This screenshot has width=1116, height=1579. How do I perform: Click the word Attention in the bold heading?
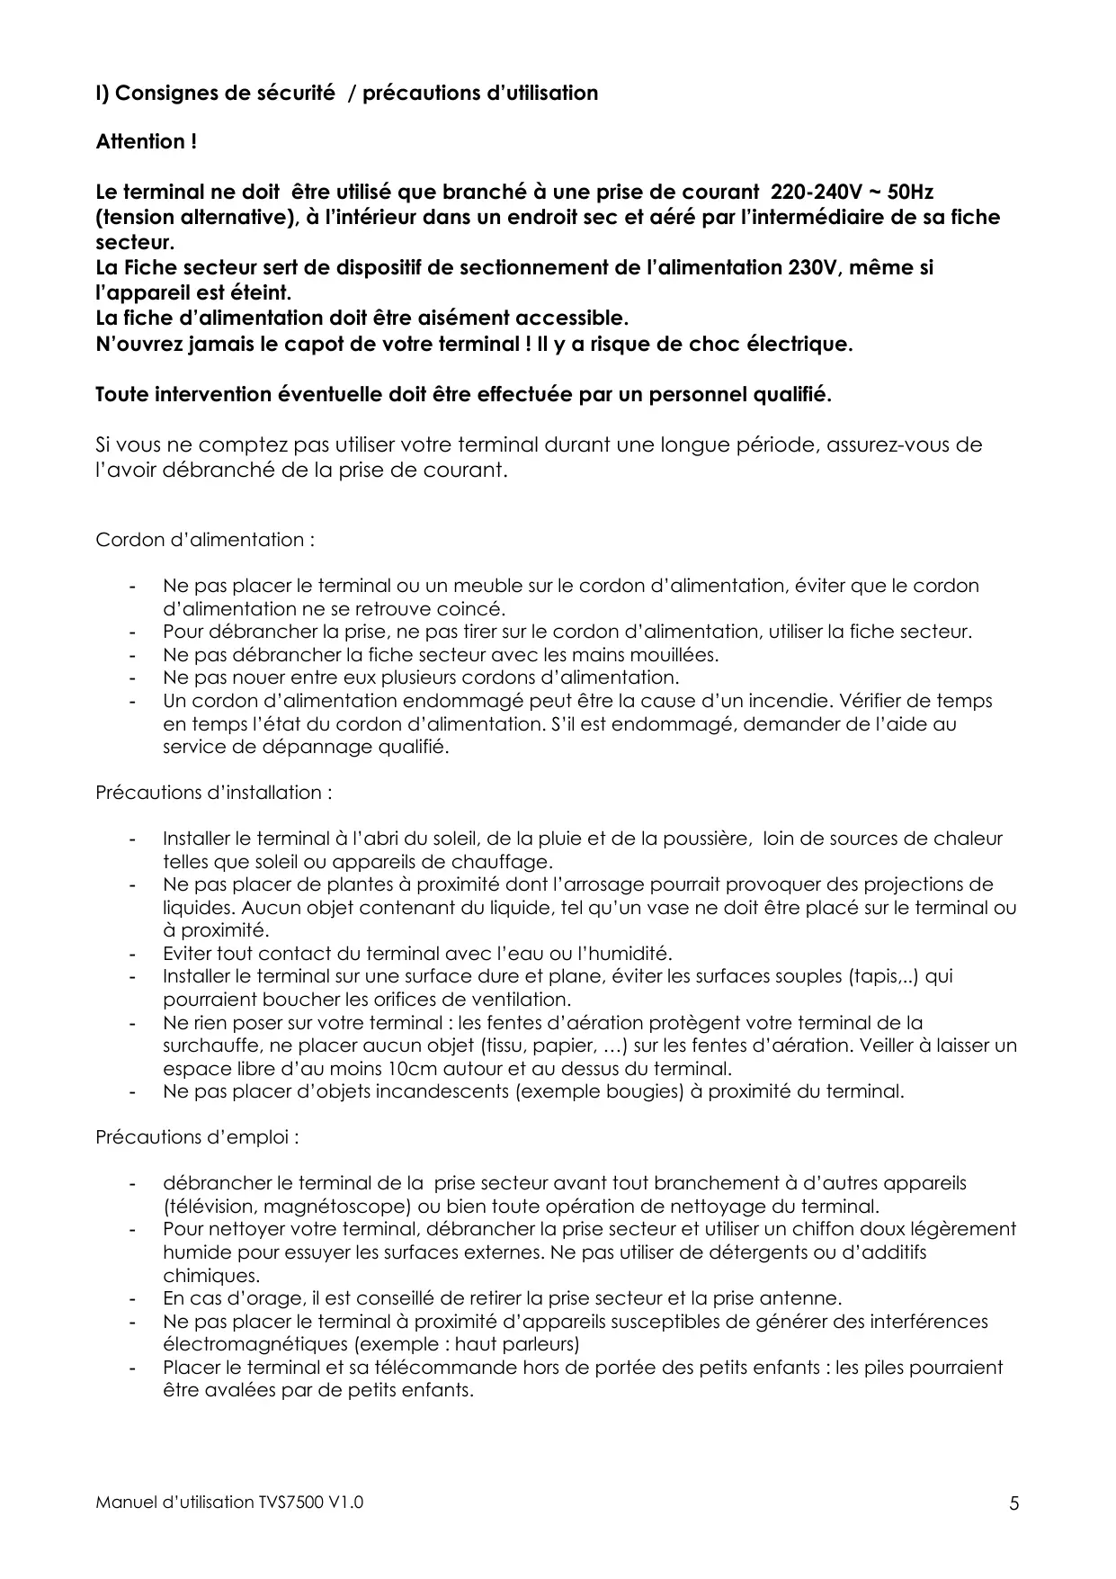[140, 142]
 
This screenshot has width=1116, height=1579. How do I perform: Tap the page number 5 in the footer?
[1014, 1503]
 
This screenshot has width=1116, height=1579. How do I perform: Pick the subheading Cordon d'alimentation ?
[205, 540]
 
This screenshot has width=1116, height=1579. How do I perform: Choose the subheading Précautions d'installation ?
[214, 793]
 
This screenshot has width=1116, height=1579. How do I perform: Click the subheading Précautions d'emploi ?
[197, 1137]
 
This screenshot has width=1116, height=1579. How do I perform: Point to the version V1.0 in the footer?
[346, 1502]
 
